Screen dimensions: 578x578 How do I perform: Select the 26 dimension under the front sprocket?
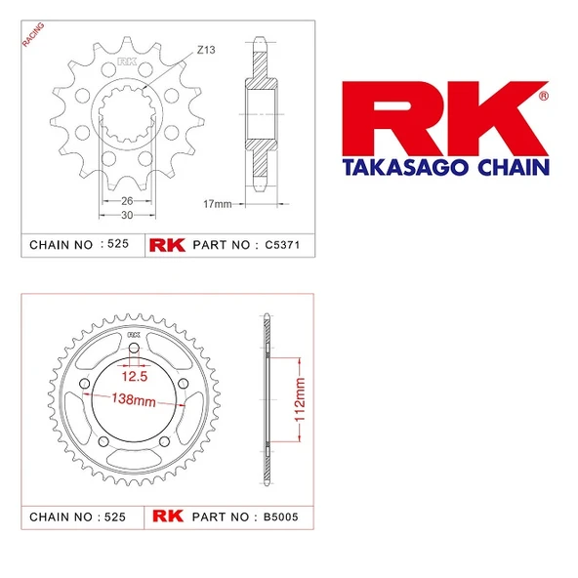(127, 201)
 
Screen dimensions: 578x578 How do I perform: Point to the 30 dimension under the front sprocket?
(127, 215)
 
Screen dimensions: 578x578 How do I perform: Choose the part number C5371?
(282, 245)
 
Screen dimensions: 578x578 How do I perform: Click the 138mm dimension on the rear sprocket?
(134, 400)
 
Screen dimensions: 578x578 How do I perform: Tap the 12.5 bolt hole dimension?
(135, 376)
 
